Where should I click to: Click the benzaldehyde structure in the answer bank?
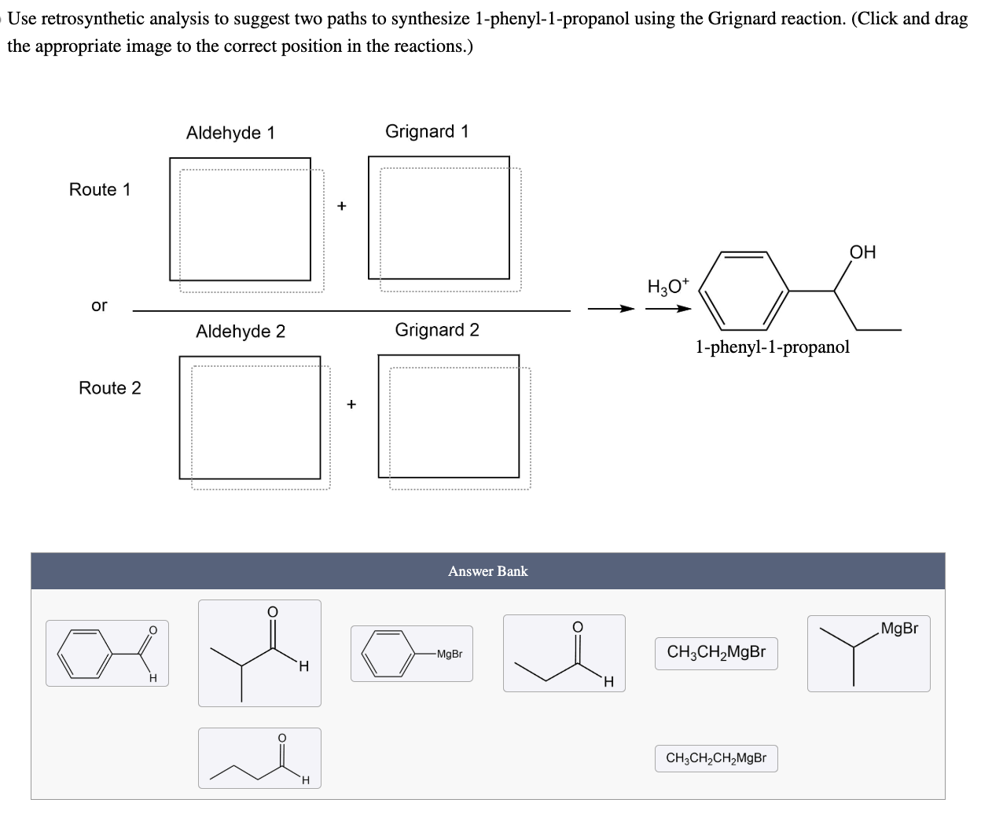point(107,653)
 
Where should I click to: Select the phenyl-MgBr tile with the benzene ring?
point(411,653)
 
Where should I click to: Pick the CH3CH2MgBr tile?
point(716,653)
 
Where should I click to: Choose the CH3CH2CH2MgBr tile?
point(716,759)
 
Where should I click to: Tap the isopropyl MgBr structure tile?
point(868,653)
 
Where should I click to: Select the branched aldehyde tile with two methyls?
point(259,653)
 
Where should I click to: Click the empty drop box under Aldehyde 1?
point(241,219)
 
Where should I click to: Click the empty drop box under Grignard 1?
point(439,218)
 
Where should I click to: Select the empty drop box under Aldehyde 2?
point(250,417)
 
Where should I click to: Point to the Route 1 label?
point(100,189)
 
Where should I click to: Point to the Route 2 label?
point(110,388)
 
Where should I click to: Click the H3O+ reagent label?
point(667,287)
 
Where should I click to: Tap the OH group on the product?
point(862,252)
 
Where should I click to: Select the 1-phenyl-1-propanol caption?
point(772,346)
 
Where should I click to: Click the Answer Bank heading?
point(488,571)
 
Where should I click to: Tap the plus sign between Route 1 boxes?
point(341,206)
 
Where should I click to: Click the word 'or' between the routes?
point(99,306)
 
